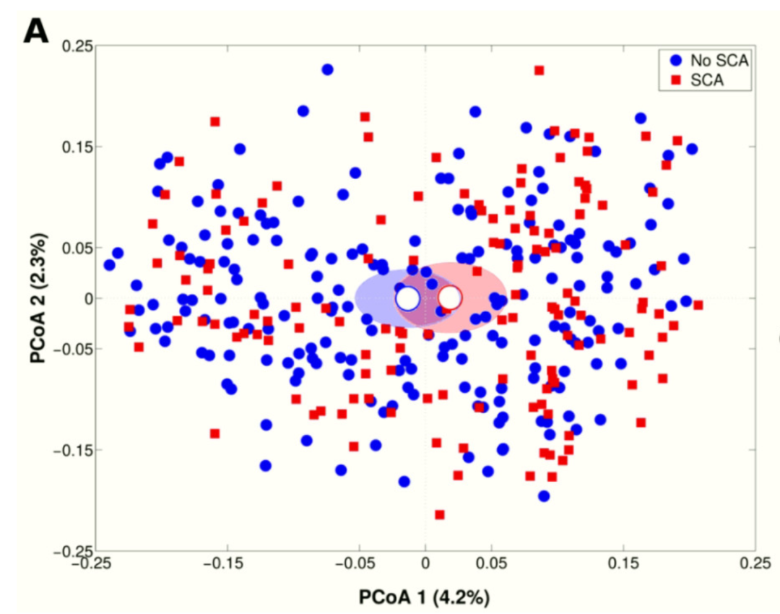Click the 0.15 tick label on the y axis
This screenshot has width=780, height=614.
(x=75, y=147)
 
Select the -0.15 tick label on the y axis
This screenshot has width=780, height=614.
(x=72, y=450)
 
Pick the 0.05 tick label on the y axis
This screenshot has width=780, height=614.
(x=75, y=248)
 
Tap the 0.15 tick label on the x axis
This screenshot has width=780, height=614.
(x=624, y=563)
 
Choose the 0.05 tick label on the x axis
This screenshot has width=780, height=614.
(x=492, y=563)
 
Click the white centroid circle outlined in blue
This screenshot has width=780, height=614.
(x=408, y=298)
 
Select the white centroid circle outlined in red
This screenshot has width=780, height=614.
(x=450, y=297)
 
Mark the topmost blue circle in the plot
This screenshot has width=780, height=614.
(x=327, y=69)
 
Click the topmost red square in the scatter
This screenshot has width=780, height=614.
(x=539, y=70)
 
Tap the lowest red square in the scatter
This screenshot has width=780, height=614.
(x=439, y=514)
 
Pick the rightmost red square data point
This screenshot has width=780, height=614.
(x=698, y=305)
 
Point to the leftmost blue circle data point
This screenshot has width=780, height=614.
(x=110, y=265)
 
